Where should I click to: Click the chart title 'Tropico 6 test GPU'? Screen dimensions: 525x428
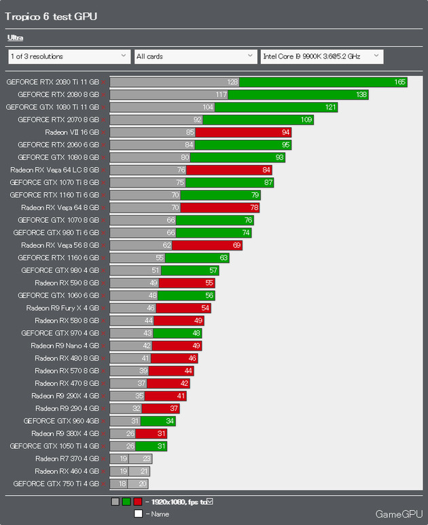click(51, 16)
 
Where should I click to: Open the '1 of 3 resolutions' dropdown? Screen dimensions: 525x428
click(68, 56)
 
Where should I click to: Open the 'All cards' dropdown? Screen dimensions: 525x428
click(194, 56)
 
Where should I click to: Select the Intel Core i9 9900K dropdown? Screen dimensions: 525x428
click(321, 56)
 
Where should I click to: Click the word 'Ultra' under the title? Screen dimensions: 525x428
click(15, 38)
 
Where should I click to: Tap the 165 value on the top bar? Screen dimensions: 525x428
click(399, 82)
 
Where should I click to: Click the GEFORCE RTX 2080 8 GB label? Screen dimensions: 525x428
click(58, 94)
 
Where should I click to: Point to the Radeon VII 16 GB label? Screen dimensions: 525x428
click(72, 132)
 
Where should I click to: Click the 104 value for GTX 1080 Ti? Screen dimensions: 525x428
click(208, 107)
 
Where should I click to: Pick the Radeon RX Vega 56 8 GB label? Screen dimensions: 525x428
click(60, 245)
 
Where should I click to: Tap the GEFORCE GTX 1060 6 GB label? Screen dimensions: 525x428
click(58, 295)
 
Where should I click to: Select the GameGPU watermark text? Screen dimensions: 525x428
click(397, 514)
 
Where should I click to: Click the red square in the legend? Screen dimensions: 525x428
click(137, 502)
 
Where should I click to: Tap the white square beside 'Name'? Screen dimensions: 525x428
click(138, 513)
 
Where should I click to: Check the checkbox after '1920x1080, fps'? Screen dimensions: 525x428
click(209, 502)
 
